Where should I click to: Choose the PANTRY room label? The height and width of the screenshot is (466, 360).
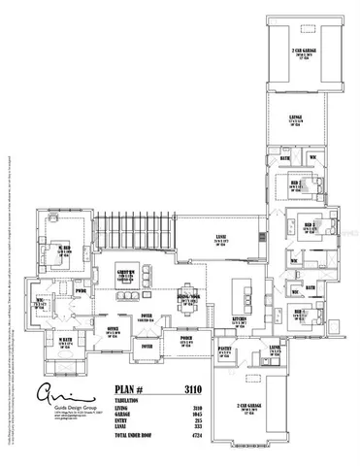pyautogui.click(x=226, y=347)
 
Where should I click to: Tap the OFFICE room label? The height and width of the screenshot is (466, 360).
pyautogui.click(x=113, y=330)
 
